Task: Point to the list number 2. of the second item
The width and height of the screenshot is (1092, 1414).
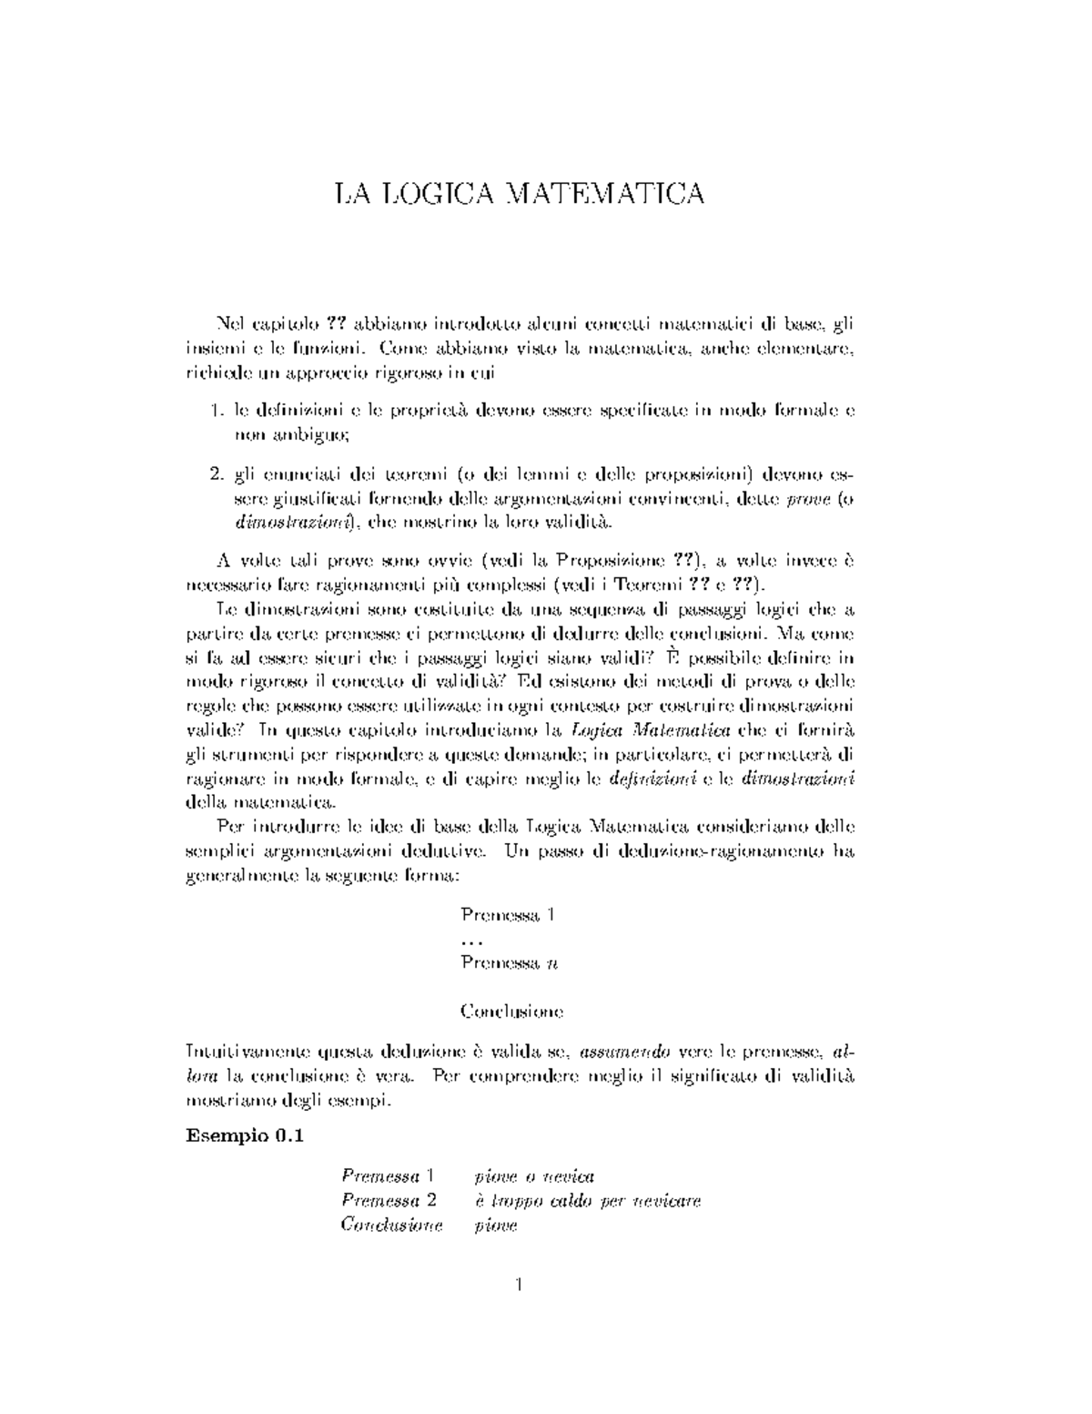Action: (x=217, y=474)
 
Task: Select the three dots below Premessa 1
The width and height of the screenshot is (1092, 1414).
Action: (x=471, y=940)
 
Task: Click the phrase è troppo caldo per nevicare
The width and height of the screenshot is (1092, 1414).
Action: (x=588, y=1201)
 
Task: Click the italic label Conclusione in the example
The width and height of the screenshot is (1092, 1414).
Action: (x=391, y=1225)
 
